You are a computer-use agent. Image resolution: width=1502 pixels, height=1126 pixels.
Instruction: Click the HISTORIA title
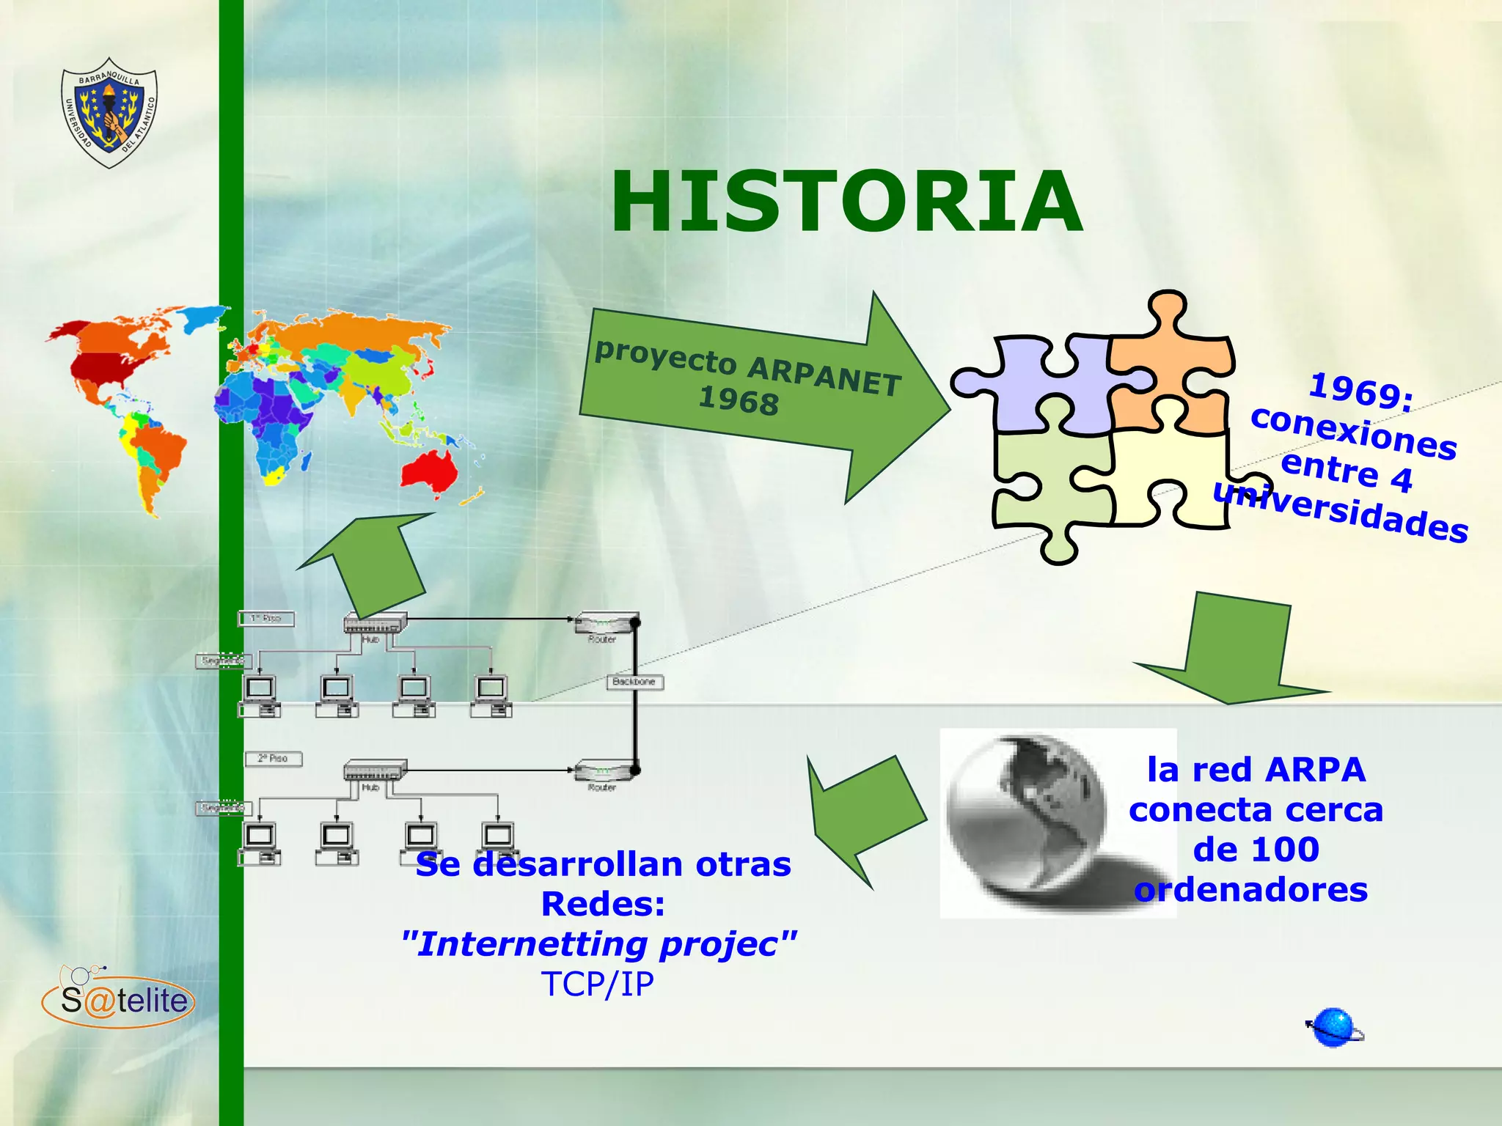click(846, 201)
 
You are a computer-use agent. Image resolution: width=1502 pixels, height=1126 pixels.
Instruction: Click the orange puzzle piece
click(1173, 367)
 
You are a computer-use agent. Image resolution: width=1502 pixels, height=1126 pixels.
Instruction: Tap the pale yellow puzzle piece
click(1173, 476)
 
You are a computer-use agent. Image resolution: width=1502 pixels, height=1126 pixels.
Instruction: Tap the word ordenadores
click(1251, 890)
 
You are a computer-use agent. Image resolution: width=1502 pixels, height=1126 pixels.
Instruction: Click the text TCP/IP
click(597, 984)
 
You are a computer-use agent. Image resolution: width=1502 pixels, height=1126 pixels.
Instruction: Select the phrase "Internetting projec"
click(598, 943)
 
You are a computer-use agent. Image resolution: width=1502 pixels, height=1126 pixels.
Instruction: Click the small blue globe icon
click(1334, 1028)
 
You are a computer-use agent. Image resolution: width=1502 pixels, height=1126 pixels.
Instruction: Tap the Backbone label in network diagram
click(634, 682)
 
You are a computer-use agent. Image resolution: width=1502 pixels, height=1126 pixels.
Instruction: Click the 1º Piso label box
click(266, 619)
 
